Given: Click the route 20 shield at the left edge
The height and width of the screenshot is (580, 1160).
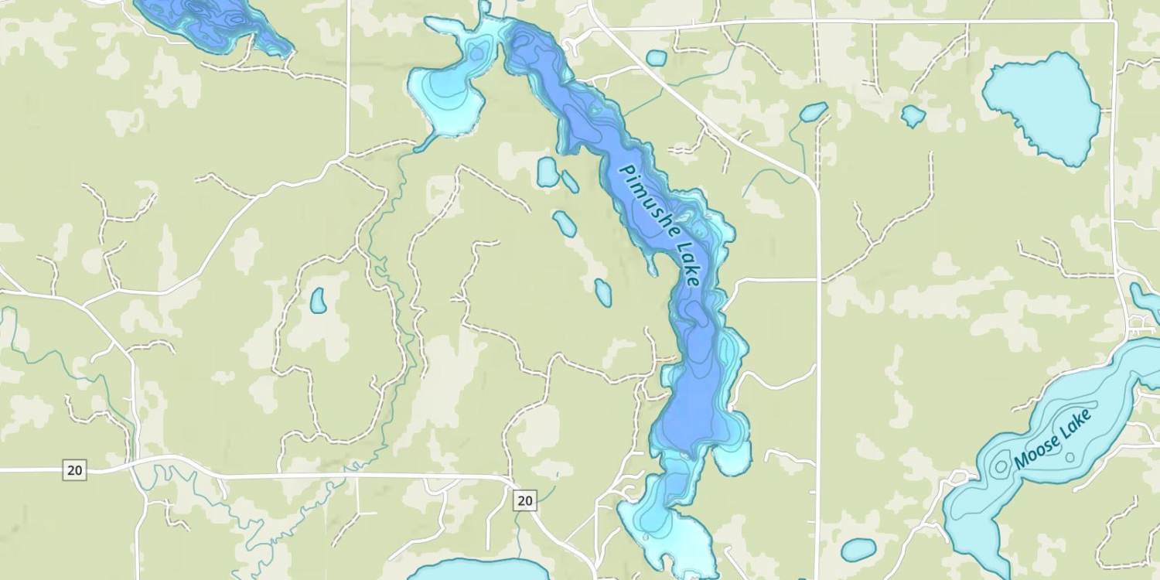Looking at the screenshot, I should click(x=74, y=469).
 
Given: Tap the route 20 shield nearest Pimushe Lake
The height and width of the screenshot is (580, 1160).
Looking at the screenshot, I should click(x=524, y=500).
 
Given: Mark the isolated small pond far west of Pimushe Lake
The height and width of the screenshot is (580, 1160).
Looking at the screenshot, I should click(x=318, y=300).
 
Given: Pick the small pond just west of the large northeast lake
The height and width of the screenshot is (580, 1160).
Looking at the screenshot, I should click(x=913, y=116).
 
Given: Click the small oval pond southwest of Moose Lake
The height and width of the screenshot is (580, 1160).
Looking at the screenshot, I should click(x=858, y=549).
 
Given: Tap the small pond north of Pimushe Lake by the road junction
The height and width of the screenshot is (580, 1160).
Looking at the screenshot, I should click(x=656, y=58).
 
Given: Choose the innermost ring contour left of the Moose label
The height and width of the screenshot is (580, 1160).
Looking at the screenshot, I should click(x=1001, y=465).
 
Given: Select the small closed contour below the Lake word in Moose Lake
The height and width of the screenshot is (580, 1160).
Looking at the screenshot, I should click(x=1070, y=457).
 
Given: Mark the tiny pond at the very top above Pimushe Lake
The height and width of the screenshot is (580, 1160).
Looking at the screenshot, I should click(x=484, y=7).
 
